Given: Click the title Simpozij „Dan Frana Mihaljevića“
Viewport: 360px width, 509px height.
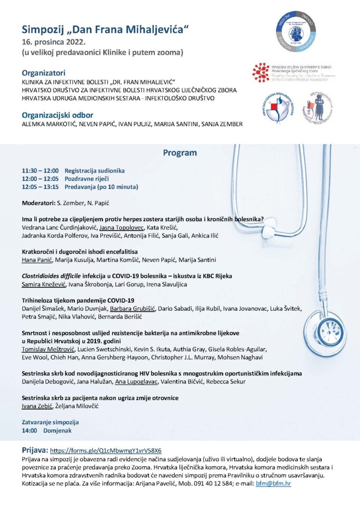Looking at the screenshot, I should pyautogui.click(x=105, y=30).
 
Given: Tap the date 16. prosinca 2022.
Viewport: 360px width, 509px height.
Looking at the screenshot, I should pyautogui.click(x=52, y=42).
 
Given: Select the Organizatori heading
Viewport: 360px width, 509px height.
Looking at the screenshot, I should pyautogui.click(x=44, y=73).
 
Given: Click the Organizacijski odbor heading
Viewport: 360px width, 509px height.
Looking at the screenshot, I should pyautogui.click(x=58, y=115).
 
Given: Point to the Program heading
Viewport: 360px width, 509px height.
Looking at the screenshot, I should pyautogui.click(x=180, y=153).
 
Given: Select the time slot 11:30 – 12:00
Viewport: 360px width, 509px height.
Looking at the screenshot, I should pyautogui.click(x=40, y=171).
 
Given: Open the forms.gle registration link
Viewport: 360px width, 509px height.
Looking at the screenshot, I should pyautogui.click(x=105, y=450).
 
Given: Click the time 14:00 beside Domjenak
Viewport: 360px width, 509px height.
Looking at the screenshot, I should pyautogui.click(x=30, y=430).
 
